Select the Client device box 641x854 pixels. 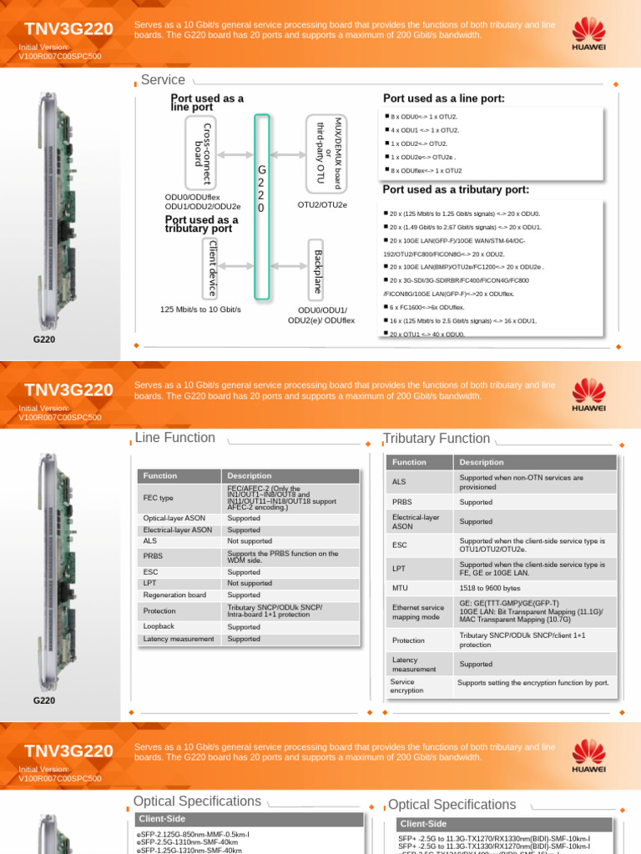pos(213,268)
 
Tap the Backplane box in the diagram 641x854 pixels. pos(316,269)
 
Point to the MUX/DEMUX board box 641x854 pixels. pos(327,153)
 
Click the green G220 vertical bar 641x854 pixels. pos(262,207)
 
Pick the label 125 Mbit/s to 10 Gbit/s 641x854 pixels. pos(200,309)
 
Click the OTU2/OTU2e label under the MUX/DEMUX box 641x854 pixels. pos(322,204)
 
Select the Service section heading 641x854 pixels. pos(163,80)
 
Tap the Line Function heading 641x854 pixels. pos(174,438)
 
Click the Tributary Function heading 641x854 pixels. pos(436,439)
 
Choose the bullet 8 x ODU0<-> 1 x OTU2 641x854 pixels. pos(424,117)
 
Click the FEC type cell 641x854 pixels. pos(159,498)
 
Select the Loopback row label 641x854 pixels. pos(159,626)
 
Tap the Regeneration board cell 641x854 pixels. pos(174,595)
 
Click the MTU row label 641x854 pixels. pos(400,588)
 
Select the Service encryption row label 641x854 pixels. pos(406,686)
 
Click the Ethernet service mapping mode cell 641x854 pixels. pos(418,613)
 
